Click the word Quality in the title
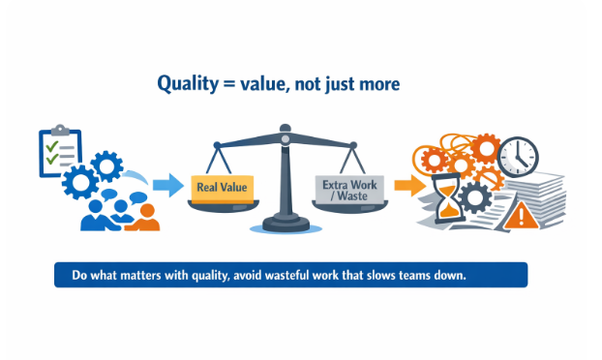[187, 85]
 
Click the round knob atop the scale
[285, 128]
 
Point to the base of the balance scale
[285, 226]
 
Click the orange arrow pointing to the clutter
[407, 185]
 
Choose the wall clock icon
[518, 156]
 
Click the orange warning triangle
[522, 215]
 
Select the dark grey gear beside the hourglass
[473, 198]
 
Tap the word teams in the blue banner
[395, 275]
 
